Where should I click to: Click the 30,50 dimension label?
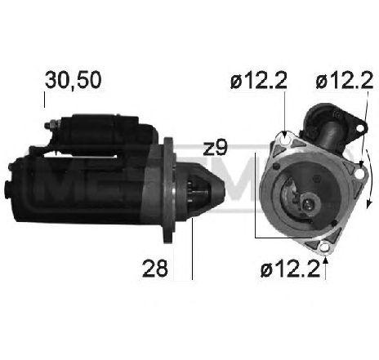click(x=74, y=80)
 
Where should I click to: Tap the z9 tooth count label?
click(x=215, y=149)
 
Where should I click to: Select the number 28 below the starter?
click(x=155, y=269)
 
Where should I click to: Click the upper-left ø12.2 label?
click(x=259, y=81)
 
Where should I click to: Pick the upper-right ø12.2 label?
click(x=344, y=81)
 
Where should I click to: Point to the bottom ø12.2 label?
click(x=290, y=269)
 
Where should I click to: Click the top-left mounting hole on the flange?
click(x=286, y=140)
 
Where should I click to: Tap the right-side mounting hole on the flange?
click(x=359, y=174)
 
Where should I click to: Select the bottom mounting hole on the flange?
click(x=324, y=247)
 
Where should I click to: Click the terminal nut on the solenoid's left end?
click(x=50, y=126)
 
